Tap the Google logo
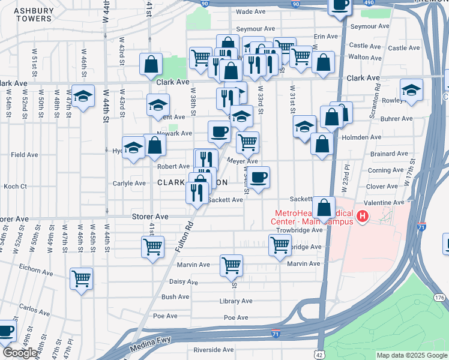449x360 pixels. pos(20,353)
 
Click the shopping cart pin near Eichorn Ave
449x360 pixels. pos(81,278)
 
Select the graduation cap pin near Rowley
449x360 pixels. pos(411,90)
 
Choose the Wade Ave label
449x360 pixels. pos(251,11)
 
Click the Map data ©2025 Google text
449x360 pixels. pos(411,355)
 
